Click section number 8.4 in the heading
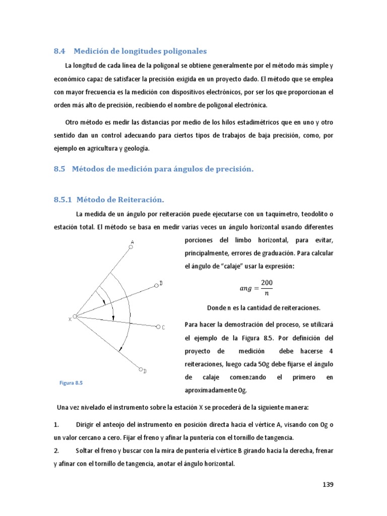click(x=60, y=51)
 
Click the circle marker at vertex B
click(x=156, y=285)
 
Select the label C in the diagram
click(x=163, y=328)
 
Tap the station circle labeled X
click(x=75, y=316)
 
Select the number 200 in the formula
click(x=267, y=283)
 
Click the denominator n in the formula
click(x=267, y=294)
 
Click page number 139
click(x=328, y=485)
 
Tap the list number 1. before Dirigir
click(x=56, y=425)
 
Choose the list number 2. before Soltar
click(x=56, y=451)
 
